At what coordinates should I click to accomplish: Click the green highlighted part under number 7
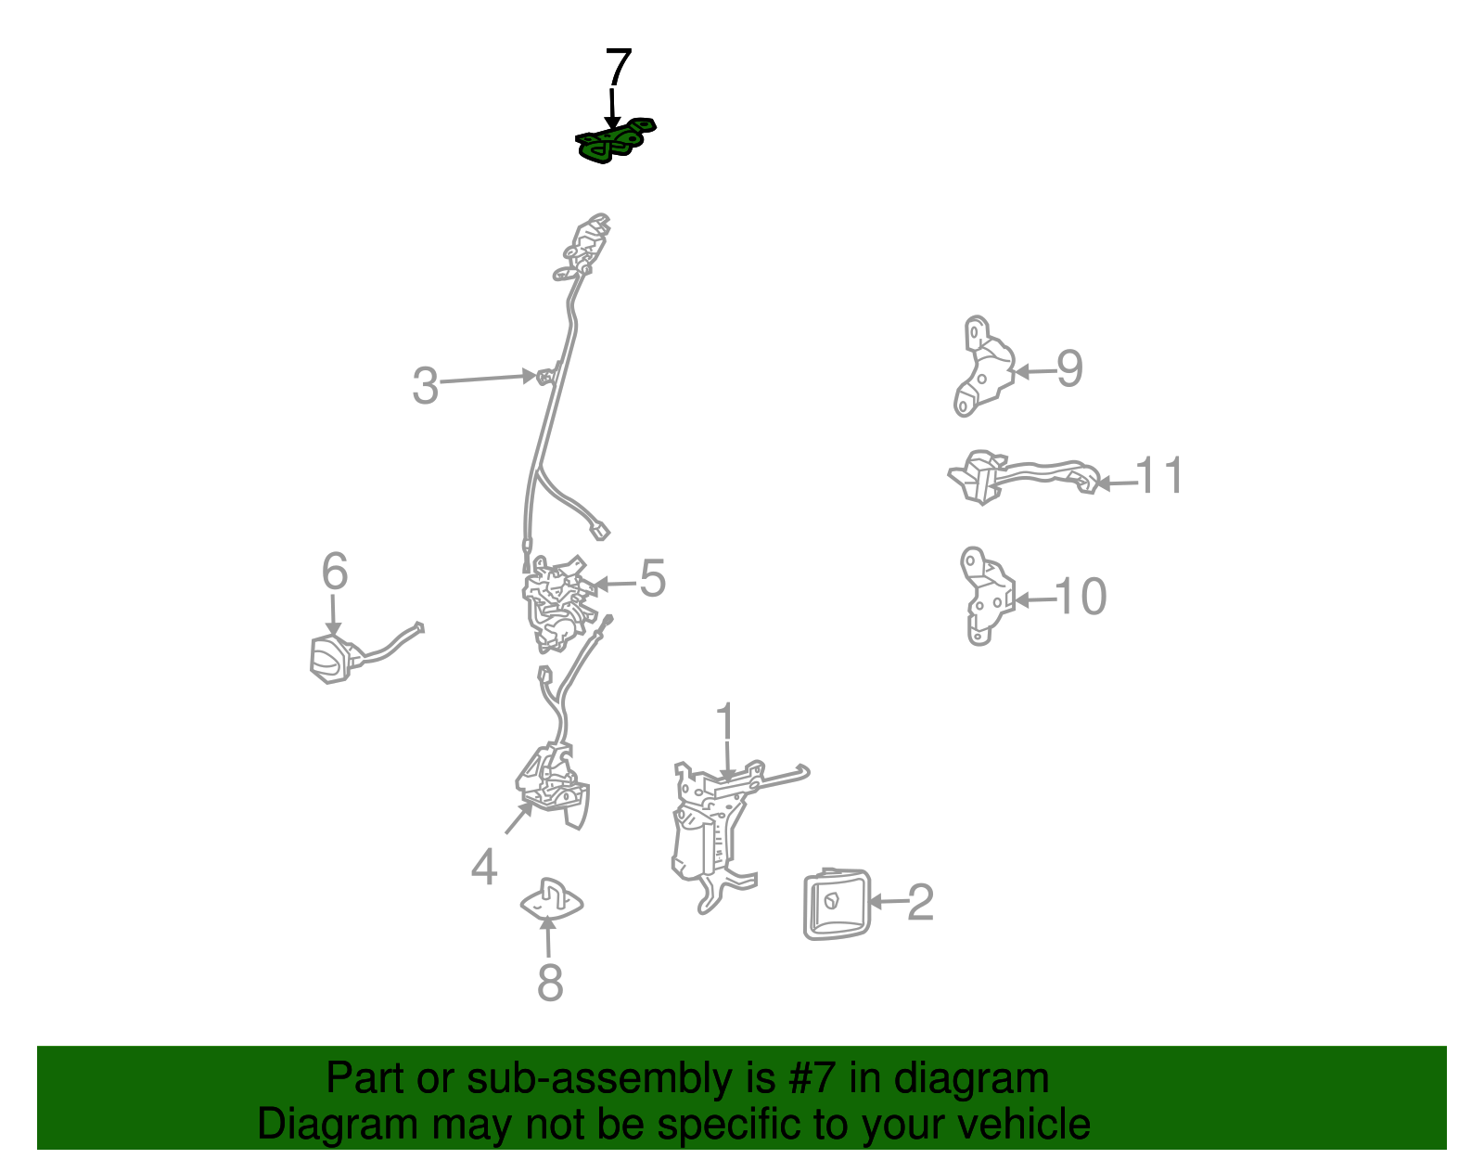coord(615,141)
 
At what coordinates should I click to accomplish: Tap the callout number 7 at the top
coord(618,68)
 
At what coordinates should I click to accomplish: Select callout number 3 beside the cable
coord(425,386)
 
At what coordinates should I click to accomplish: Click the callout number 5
coord(652,578)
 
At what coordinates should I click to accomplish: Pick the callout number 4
coord(484,868)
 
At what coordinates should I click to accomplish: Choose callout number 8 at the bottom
coord(550,983)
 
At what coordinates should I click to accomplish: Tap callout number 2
coord(920,902)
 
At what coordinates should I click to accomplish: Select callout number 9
coord(1069,368)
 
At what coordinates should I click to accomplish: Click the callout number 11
coord(1159,475)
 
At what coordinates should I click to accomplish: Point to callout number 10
coord(1081,597)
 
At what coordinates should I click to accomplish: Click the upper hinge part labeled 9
coord(983,367)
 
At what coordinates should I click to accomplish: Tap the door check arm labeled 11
coord(1023,476)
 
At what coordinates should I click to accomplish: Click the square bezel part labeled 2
coord(837,904)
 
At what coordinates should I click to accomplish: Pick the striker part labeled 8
coord(551,899)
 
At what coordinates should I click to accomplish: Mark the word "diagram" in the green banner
coord(971,1078)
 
